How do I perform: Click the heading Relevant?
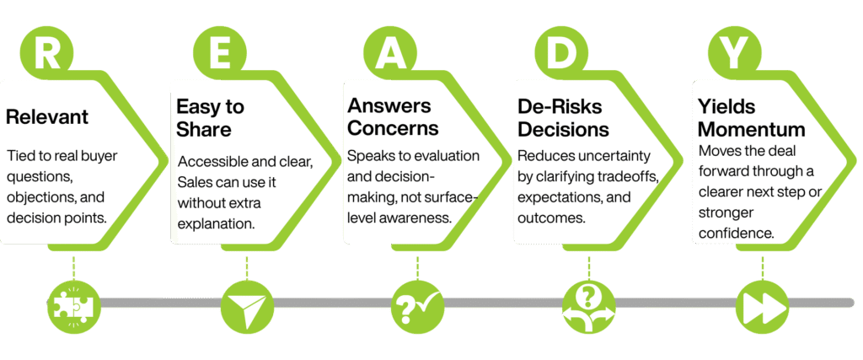tap(47, 117)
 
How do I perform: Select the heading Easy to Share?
tap(210, 118)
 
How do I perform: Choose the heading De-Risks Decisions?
tap(563, 118)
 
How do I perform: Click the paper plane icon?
tap(245, 302)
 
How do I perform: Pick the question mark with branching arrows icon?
tap(587, 302)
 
